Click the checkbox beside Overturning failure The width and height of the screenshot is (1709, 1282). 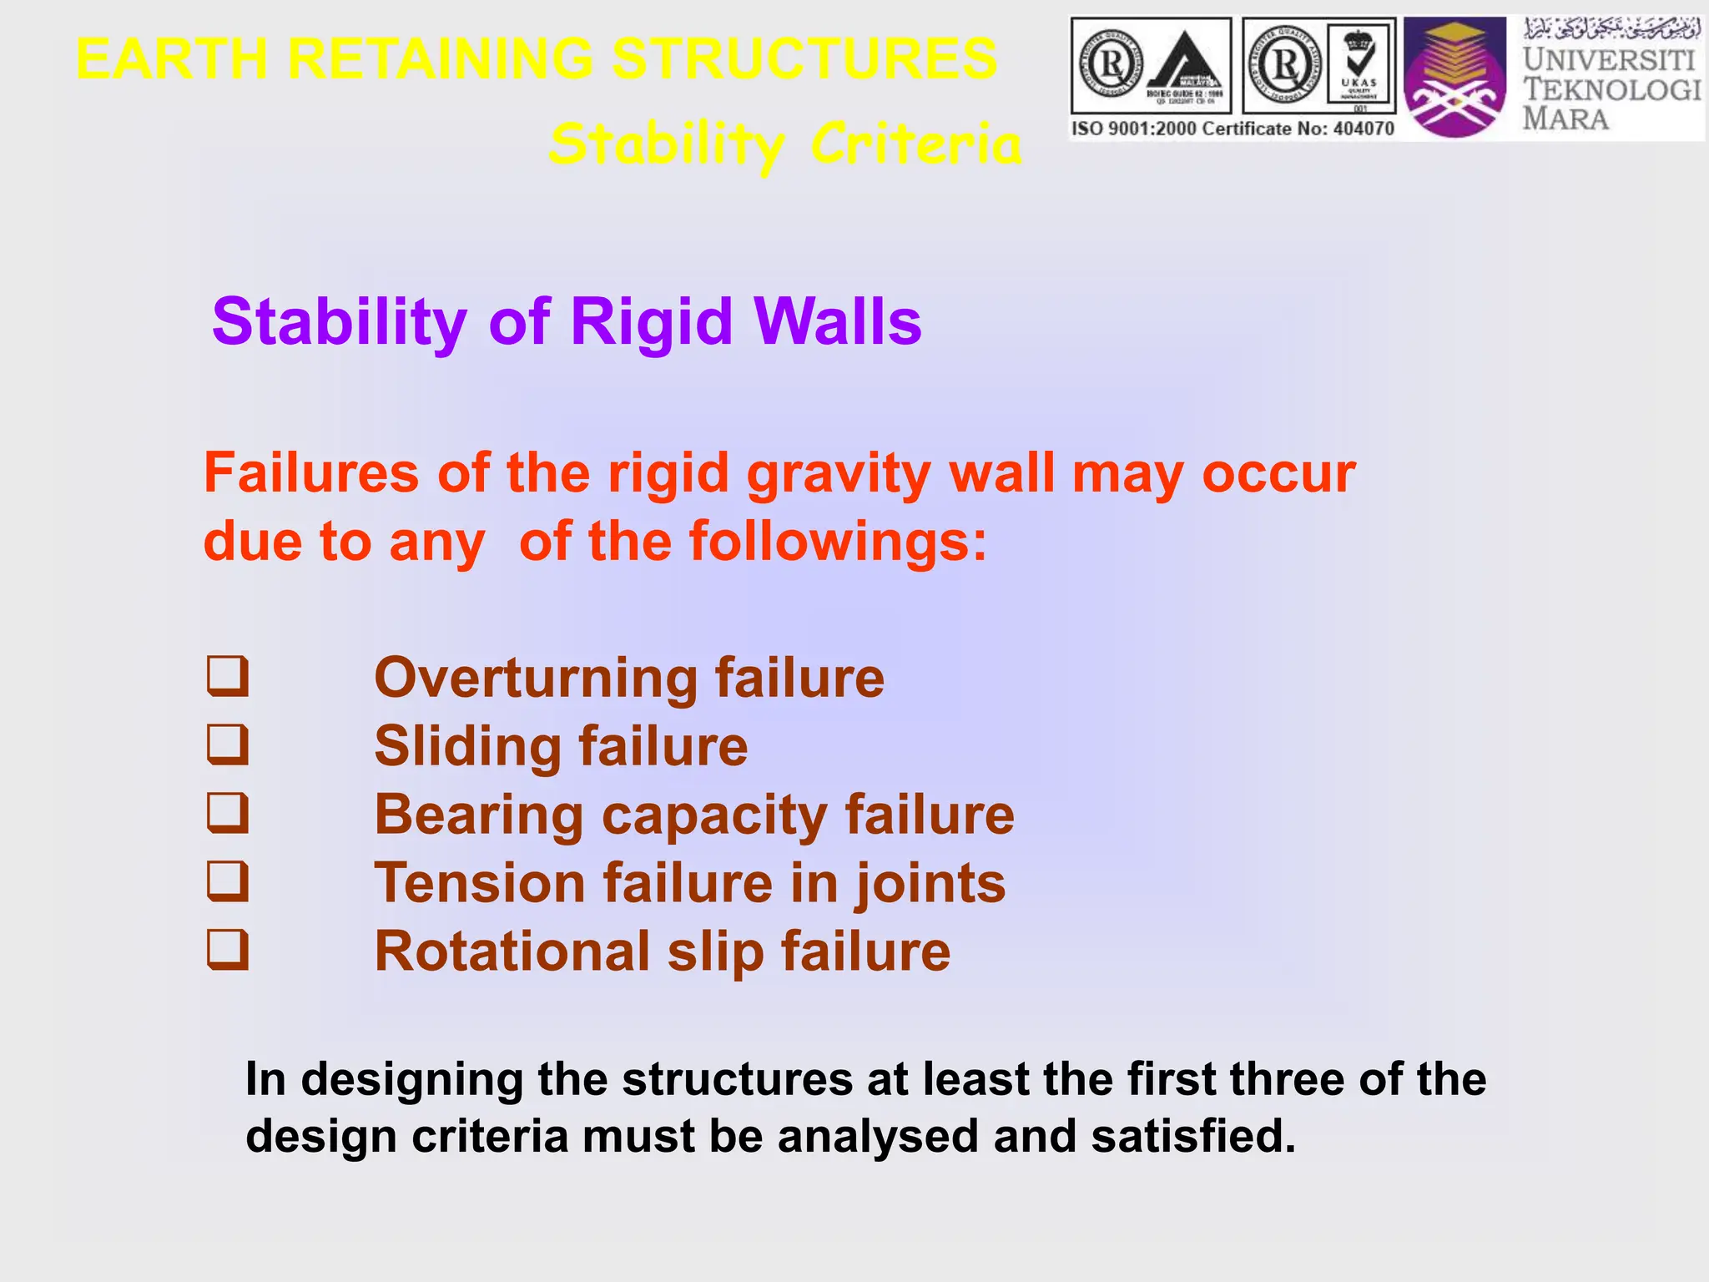[228, 677]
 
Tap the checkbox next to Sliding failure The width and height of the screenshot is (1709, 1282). [228, 745]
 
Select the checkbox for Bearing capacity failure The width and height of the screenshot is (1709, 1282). [228, 814]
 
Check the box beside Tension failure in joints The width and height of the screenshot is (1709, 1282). [228, 882]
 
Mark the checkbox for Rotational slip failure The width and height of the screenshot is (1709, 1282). [228, 951]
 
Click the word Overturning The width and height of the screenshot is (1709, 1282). [535, 678]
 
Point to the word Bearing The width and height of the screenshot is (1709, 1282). [478, 815]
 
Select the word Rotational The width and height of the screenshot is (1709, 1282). [512, 951]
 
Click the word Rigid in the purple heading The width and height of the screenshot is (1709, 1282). [651, 322]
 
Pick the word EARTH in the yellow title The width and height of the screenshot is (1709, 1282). [171, 59]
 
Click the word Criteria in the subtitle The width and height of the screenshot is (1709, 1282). [915, 144]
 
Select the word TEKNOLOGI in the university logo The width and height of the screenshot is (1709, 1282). [1611, 89]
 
